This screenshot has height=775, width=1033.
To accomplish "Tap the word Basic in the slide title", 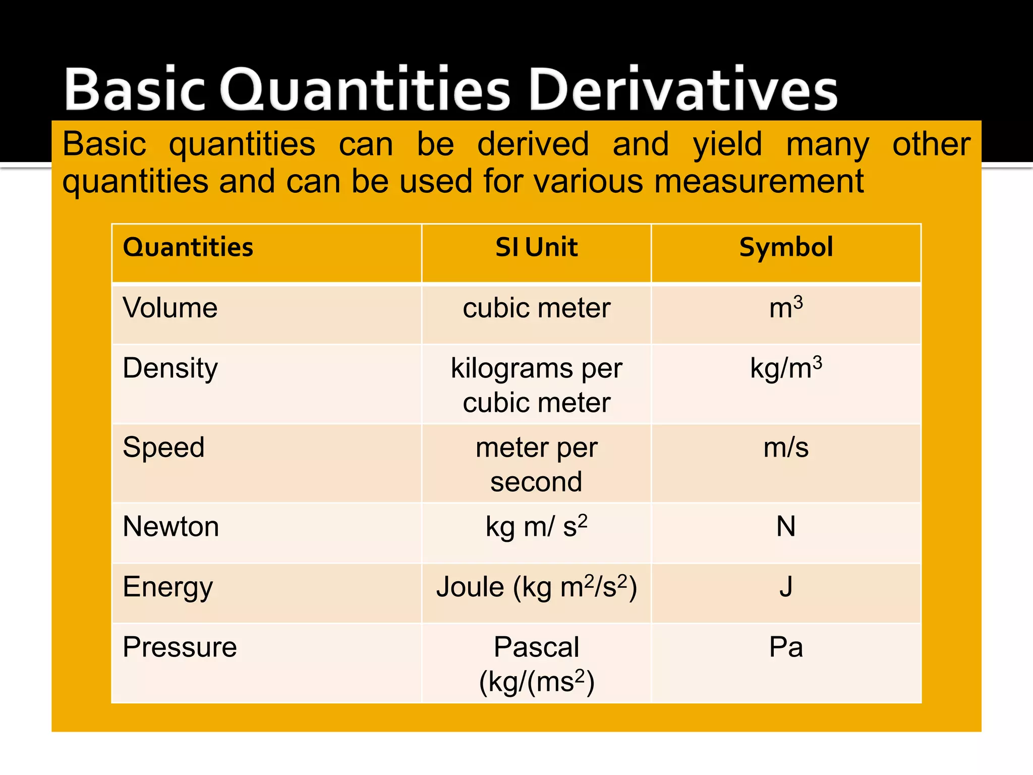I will coord(135,90).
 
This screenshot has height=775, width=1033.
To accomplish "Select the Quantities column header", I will coord(188,247).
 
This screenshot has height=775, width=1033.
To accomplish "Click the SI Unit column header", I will coord(536,247).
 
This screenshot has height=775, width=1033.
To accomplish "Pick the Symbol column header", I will coord(786,247).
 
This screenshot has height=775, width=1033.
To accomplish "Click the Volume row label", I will coord(170,308).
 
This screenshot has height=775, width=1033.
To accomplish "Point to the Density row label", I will coord(170,368).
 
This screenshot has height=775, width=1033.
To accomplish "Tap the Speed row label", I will coord(163,448).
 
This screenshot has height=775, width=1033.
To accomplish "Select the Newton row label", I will coord(170,527).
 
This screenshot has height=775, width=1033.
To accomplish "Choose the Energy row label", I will coord(167,587).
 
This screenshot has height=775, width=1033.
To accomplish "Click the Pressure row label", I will coord(180,647).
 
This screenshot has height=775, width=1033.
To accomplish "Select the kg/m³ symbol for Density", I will coord(786,368).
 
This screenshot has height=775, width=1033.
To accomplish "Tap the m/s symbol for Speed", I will coord(786,448).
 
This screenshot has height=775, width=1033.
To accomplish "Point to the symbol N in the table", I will coord(786,527).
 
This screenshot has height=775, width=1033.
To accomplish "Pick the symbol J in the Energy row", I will coord(786,587).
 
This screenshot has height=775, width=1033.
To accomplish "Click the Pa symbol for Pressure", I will coord(786,647).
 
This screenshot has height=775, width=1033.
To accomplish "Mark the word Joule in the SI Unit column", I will coord(470,587).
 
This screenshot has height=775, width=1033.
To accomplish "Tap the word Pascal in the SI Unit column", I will coord(536,647).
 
